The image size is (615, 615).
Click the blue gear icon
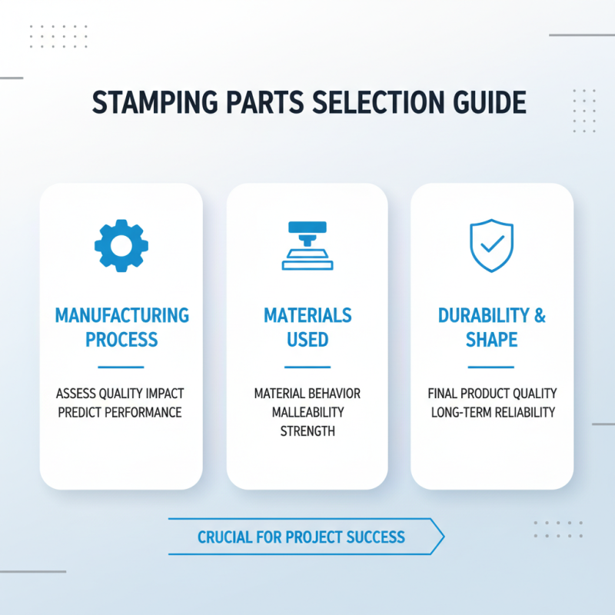(x=121, y=245)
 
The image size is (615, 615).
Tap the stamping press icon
(x=307, y=246)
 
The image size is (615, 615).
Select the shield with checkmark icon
(x=492, y=245)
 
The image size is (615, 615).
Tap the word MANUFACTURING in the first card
(x=121, y=315)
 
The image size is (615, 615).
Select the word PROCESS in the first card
(x=121, y=339)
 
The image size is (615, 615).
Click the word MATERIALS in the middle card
(x=307, y=315)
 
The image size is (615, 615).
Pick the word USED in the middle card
(x=307, y=339)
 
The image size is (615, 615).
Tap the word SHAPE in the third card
(x=492, y=339)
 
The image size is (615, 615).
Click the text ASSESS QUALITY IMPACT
(x=120, y=394)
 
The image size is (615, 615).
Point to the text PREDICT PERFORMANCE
(x=120, y=413)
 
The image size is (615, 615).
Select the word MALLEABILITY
(x=307, y=413)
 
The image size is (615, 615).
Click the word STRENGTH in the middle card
(x=307, y=431)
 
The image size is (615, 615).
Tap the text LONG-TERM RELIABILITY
(x=492, y=413)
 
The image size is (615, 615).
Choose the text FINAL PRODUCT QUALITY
(x=492, y=394)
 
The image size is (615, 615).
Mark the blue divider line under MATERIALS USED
(x=307, y=367)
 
